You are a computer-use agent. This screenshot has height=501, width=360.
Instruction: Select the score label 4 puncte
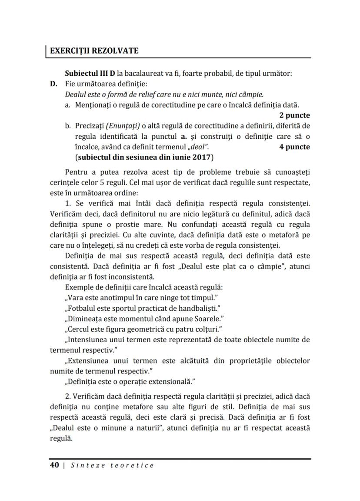[x=294, y=147]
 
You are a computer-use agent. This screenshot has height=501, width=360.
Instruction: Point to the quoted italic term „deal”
[x=197, y=147]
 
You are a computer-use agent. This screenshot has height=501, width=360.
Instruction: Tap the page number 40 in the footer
[x=54, y=465]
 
